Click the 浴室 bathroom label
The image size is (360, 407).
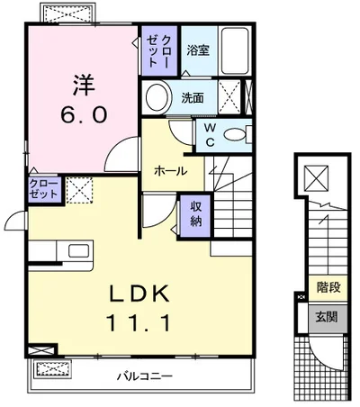[x=198, y=50]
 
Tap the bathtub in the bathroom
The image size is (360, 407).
[x=235, y=50]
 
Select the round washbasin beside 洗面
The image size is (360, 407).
[x=158, y=97]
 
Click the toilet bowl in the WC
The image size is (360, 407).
[x=234, y=135]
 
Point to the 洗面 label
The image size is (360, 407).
[x=193, y=97]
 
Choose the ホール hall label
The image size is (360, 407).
[x=170, y=171]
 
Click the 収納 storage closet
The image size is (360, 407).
[x=195, y=214]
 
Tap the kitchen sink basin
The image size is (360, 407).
[x=78, y=251]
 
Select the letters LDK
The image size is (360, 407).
[x=139, y=294]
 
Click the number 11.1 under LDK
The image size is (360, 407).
[x=139, y=322]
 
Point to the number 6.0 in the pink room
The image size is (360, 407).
[x=84, y=115]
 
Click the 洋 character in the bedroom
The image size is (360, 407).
[x=84, y=85]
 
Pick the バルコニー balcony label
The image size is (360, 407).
[x=145, y=376]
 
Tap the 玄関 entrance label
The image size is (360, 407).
[x=327, y=317]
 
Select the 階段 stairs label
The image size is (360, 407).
[x=328, y=287]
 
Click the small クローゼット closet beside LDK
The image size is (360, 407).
[x=44, y=189]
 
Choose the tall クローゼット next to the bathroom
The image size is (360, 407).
[x=159, y=50]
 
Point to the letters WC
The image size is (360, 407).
[x=211, y=135]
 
